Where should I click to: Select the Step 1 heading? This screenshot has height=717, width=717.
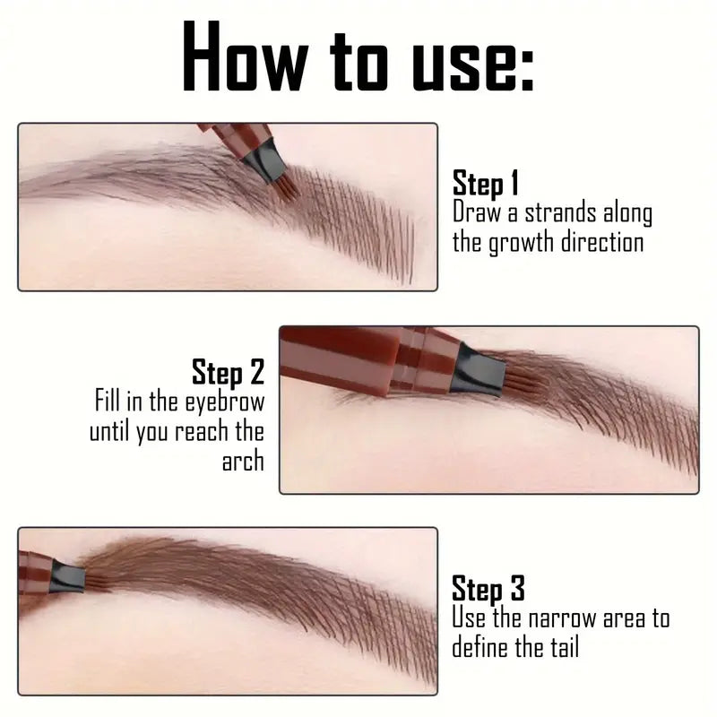(486, 184)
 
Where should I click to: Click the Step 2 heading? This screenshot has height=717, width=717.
(228, 372)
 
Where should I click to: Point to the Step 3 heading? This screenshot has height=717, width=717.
(488, 589)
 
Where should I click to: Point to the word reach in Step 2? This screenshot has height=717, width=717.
(202, 431)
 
